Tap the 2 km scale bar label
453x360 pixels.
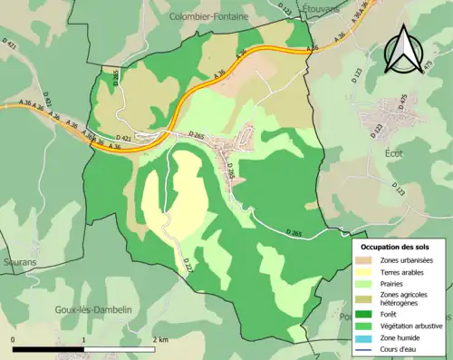[x=159, y=339]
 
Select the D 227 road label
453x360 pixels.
[x=188, y=265]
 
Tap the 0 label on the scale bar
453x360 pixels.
[x=14, y=339]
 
